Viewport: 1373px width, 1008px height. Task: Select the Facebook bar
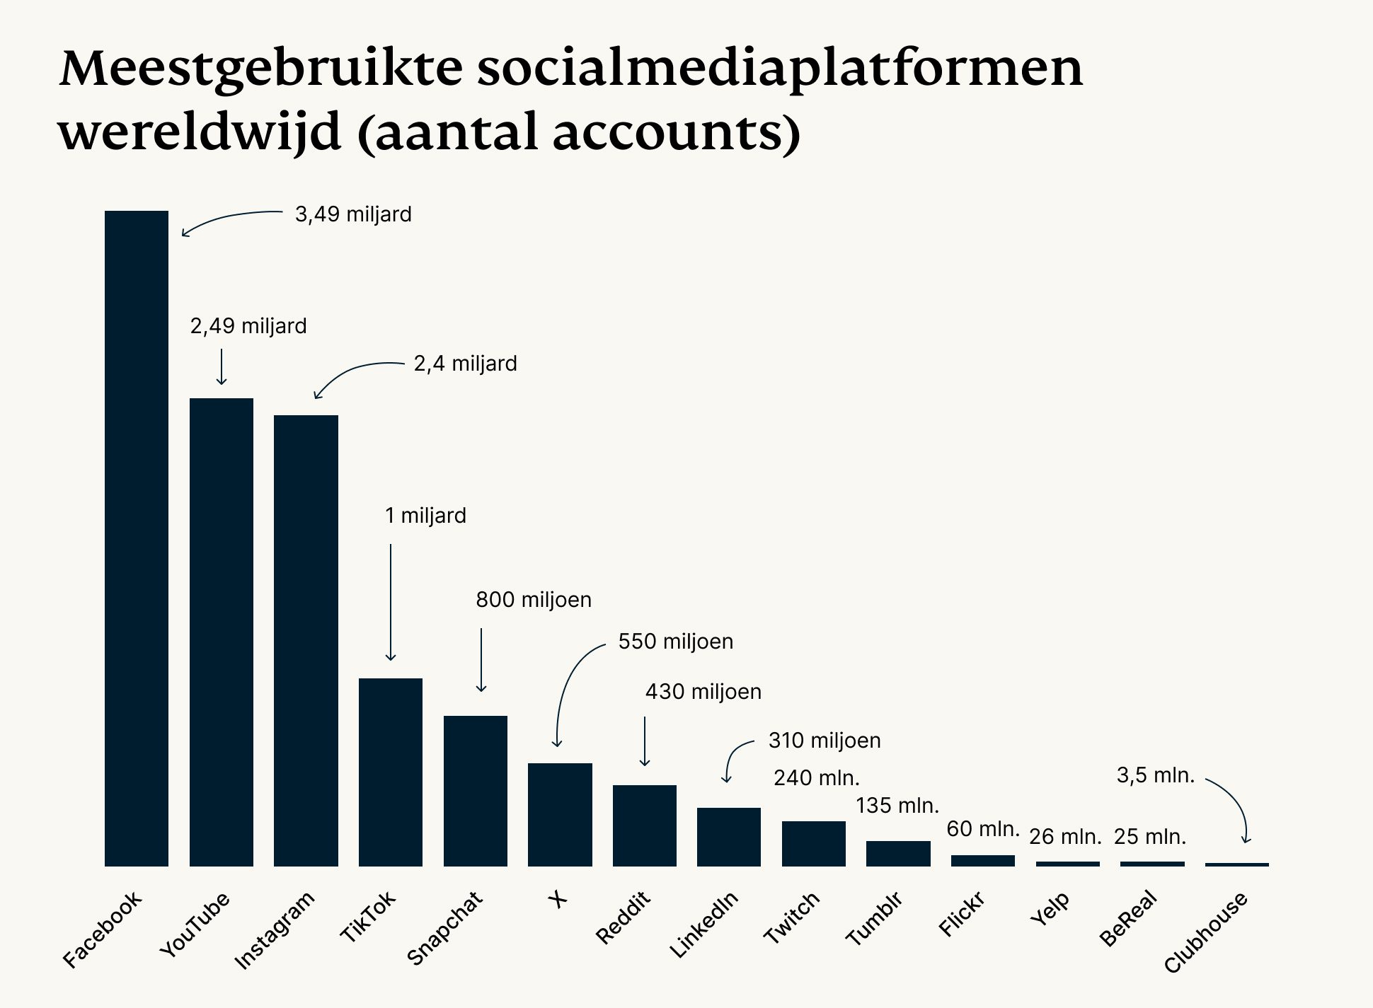pos(137,538)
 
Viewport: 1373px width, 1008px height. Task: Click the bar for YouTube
pos(221,632)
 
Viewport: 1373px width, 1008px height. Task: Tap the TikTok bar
pos(390,772)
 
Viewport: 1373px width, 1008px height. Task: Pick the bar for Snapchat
pos(475,790)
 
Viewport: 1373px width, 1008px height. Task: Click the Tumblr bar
pos(898,853)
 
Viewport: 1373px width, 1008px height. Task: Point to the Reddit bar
pos(644,825)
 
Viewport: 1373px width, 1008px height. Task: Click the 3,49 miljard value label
pos(353,214)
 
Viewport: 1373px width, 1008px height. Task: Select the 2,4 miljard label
pos(465,364)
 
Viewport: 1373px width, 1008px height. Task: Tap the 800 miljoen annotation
pos(533,600)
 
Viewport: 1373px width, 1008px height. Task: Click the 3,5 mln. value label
pos(1155,775)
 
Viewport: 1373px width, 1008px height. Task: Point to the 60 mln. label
pos(982,828)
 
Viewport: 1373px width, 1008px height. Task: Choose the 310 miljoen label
pos(825,741)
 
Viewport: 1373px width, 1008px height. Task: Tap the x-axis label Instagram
pos(274,929)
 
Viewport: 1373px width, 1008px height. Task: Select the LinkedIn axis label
pos(703,925)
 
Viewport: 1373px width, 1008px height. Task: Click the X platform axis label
pos(558,899)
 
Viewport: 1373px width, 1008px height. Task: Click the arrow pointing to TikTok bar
pos(390,601)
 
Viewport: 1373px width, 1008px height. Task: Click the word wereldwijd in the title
pos(200,132)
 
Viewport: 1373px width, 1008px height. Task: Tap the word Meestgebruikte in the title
pos(261,69)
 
